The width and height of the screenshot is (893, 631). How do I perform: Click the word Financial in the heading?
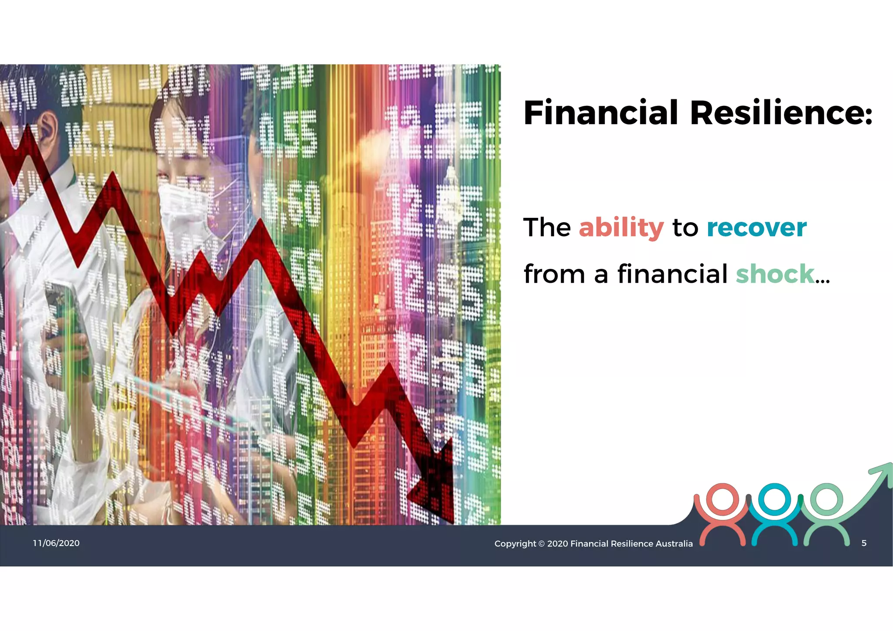[601, 112]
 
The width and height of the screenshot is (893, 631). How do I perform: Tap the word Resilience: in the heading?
[781, 112]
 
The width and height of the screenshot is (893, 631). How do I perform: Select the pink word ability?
[621, 227]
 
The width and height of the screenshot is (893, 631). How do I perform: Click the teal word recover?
[757, 227]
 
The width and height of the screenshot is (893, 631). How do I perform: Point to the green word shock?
[775, 274]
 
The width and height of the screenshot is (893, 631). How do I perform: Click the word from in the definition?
[554, 274]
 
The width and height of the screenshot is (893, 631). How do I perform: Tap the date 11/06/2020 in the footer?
[56, 543]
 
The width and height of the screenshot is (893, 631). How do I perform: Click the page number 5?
[864, 543]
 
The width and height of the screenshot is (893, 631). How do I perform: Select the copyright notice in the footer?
[593, 543]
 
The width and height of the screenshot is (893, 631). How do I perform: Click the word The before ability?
[547, 227]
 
